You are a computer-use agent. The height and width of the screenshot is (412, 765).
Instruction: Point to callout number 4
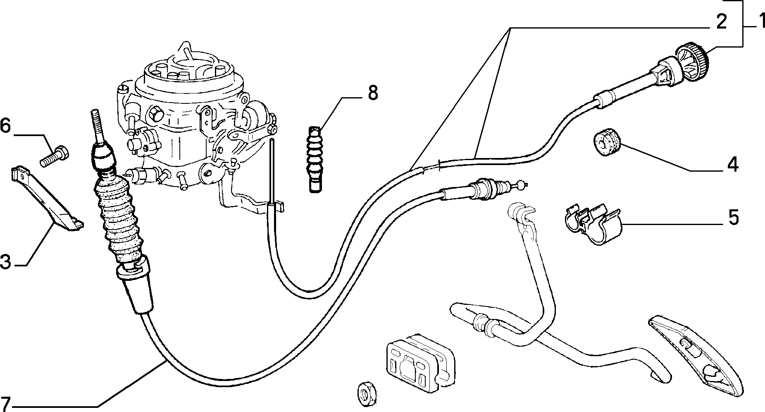[x=732, y=164]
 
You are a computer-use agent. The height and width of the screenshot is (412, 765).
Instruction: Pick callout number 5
[x=733, y=218]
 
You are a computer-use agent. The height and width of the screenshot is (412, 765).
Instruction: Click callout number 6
[x=6, y=125]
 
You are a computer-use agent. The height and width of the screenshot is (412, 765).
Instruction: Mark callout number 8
[x=372, y=93]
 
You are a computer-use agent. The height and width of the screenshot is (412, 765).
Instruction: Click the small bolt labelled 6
[x=55, y=156]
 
